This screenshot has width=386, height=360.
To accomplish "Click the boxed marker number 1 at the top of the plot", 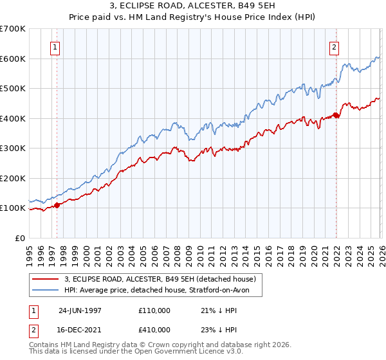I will (55, 47).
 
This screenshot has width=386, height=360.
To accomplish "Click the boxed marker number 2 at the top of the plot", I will (335, 47).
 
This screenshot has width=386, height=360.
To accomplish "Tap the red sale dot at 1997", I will (57, 205).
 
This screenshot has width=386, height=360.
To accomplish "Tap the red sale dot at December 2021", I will (336, 116).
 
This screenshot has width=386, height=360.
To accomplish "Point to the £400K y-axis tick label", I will (13, 118).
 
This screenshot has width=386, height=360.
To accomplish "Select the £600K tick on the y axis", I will (13, 59).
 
